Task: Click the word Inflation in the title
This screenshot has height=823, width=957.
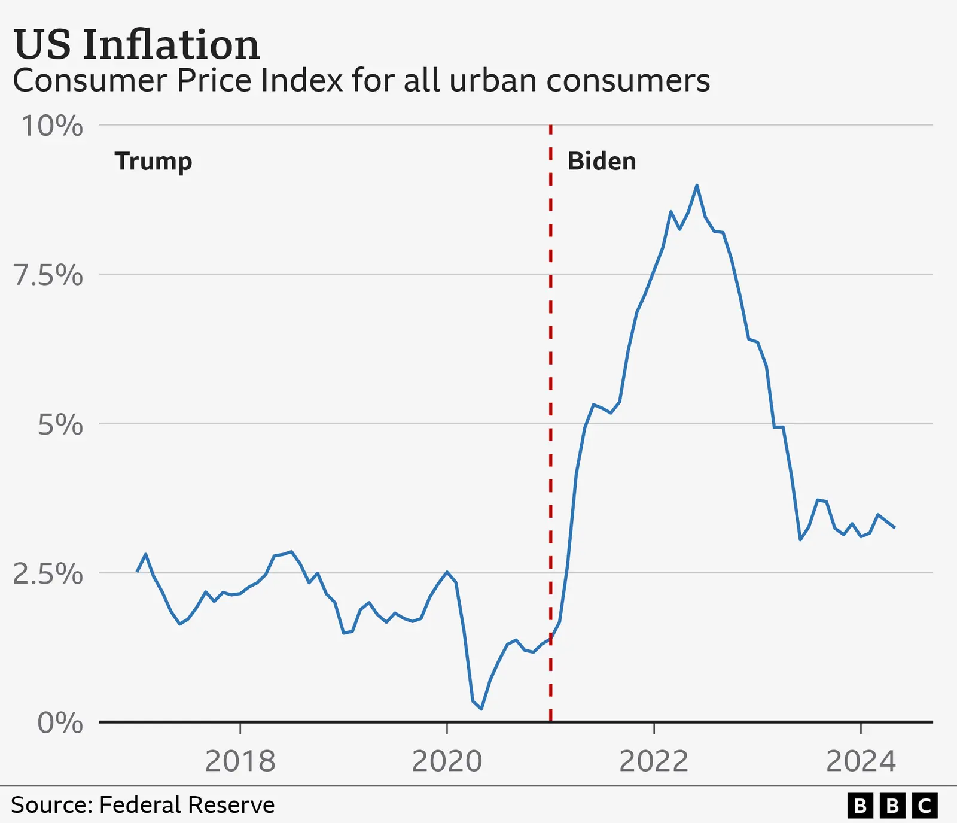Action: pos(171,45)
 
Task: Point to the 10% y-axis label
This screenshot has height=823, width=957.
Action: pos(52,126)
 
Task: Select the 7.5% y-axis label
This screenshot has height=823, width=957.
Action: pos(48,275)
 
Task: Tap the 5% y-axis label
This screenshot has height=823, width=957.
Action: pos(60,425)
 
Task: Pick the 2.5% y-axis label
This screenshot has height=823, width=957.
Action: pos(48,574)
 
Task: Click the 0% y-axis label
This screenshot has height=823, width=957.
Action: pos(60,723)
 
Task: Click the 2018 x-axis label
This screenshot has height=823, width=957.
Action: pos(240,761)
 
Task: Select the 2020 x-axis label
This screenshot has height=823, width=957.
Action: pos(447,761)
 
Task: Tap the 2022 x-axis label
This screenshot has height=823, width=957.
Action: pos(654,761)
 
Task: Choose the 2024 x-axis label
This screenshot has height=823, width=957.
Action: pos(861,761)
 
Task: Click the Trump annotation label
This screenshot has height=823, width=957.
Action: pos(154,162)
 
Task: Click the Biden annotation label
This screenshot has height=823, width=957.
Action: pos(602,162)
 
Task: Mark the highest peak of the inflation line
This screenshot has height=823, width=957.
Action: pos(697,186)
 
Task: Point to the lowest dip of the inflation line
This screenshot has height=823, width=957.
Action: pos(481,709)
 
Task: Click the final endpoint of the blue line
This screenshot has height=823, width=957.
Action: pos(894,527)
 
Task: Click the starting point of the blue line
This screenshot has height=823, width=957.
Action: pos(137,572)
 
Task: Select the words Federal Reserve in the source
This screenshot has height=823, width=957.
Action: pos(187,805)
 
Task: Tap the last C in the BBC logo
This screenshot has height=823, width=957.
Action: pos(924,806)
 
